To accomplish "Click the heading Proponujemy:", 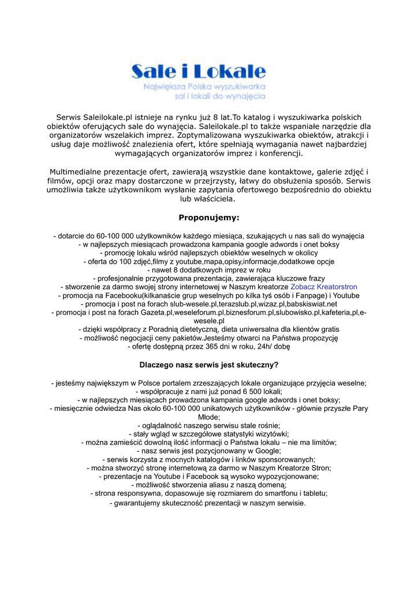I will pyautogui.click(x=208, y=218).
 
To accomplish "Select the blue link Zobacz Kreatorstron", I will pyautogui.click(x=324, y=286).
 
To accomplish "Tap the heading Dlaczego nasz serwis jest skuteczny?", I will pyautogui.click(x=209, y=365).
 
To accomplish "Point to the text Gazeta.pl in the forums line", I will pyautogui.click(x=149, y=312).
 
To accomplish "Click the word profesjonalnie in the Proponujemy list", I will pyautogui.click(x=124, y=278).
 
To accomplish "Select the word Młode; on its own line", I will pyautogui.click(x=208, y=417).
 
